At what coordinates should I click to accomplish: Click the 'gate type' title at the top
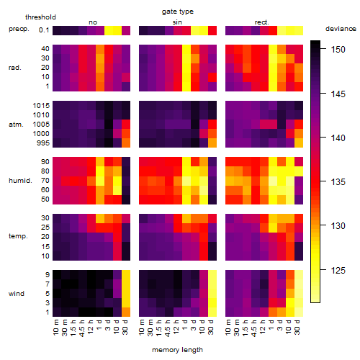[x=178, y=12]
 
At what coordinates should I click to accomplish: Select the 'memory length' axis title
[x=177, y=350]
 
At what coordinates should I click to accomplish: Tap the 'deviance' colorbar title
[x=341, y=29]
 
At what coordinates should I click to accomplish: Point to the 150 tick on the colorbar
[x=323, y=49]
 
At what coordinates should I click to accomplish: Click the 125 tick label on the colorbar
[x=338, y=271]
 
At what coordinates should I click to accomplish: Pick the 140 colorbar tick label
[x=338, y=138]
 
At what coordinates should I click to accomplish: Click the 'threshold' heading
[x=40, y=17]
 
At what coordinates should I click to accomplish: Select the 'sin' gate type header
[x=177, y=22]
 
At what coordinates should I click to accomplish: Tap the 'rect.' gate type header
[x=262, y=22]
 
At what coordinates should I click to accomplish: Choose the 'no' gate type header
[x=93, y=22]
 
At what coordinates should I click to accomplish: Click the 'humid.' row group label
[x=20, y=181]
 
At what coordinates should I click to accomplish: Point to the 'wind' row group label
[x=17, y=294]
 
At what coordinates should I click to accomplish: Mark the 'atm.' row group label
[x=16, y=125]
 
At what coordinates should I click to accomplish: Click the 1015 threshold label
[x=41, y=106]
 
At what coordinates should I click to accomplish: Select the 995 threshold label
[x=43, y=143]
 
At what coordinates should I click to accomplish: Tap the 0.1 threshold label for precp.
[x=44, y=30]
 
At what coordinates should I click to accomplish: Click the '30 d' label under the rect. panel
[x=297, y=327]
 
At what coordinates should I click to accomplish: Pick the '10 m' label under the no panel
[x=55, y=327]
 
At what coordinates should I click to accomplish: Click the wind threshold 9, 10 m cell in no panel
[x=57, y=274]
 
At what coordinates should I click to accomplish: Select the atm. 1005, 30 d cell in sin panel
[x=212, y=124]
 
